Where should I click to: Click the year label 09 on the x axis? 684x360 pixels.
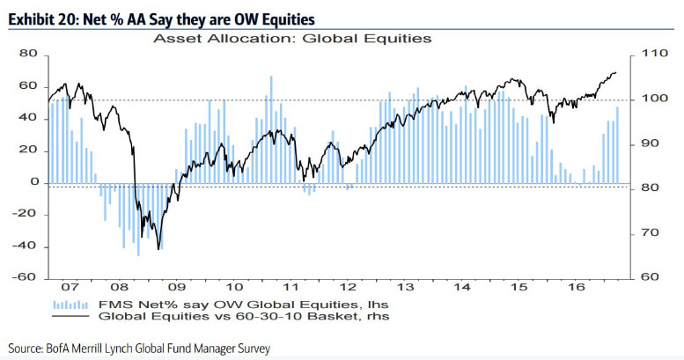(x=177, y=287)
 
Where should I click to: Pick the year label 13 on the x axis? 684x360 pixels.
(x=408, y=287)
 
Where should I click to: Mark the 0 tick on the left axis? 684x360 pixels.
(x=34, y=182)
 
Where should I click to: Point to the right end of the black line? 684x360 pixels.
(x=616, y=72)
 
